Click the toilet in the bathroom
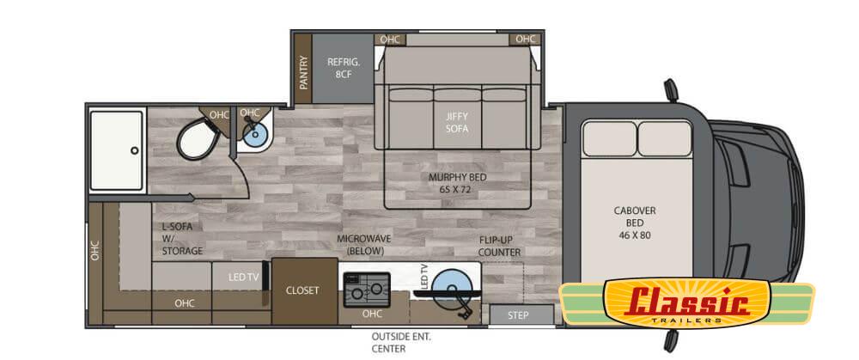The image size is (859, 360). coord(197,138)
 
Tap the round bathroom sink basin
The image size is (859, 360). coord(254,134)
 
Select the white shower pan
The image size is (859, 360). coord(116,150)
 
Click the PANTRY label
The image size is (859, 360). coord(303,73)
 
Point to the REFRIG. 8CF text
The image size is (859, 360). coord(343,68)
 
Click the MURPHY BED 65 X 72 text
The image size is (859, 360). coord(450,184)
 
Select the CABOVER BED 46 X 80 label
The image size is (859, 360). coord(635,223)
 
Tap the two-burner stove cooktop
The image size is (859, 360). coord(367,290)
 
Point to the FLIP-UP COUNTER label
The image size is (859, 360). coord(499,246)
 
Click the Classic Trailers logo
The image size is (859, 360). coord(687,304)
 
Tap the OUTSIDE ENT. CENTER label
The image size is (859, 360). coord(401,343)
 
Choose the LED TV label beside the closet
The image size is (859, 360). coord(243,278)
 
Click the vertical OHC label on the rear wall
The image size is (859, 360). coord(95,251)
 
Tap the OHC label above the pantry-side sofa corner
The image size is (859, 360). coord(390,40)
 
